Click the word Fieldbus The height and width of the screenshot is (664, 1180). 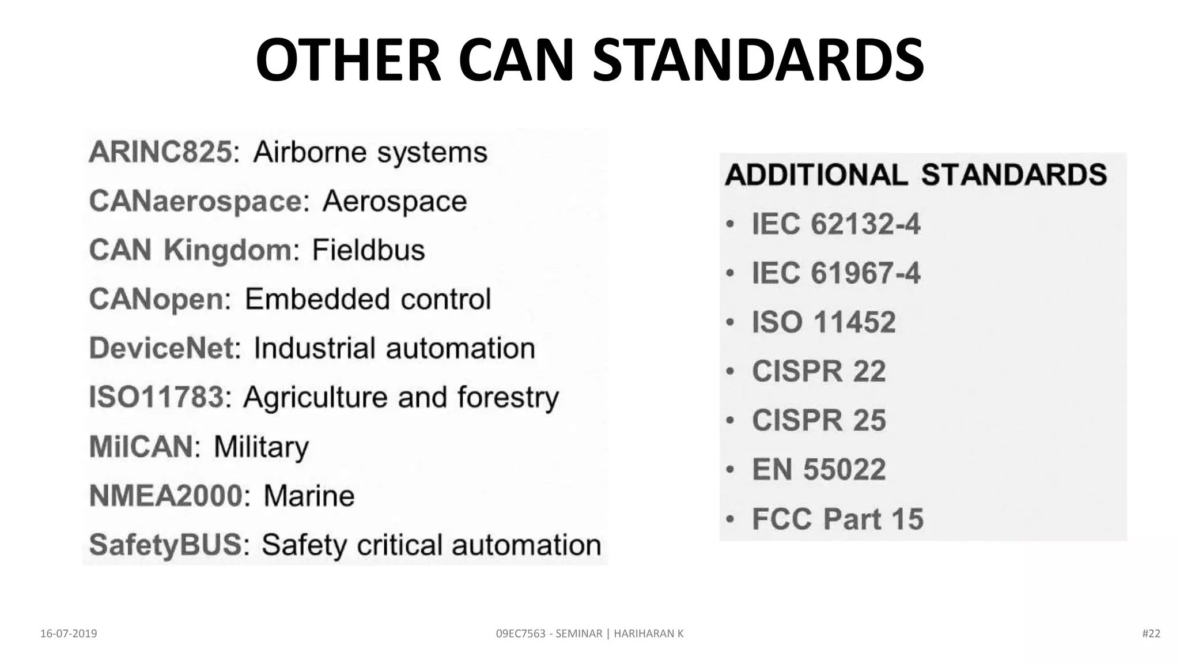[x=368, y=250]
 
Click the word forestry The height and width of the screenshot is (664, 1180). [x=508, y=398]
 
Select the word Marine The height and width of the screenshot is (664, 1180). [x=309, y=496]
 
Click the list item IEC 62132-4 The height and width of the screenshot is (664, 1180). [x=836, y=224]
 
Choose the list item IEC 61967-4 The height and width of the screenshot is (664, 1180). [x=836, y=273]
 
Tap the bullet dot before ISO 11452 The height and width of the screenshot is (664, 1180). [x=730, y=322]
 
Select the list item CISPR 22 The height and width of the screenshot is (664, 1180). [x=819, y=371]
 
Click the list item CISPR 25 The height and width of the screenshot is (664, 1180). [x=819, y=420]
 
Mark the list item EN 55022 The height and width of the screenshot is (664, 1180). [x=819, y=469]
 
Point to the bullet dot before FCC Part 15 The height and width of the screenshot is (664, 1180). [x=730, y=519]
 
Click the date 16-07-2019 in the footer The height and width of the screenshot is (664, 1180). [x=69, y=633]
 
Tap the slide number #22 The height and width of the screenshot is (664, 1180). [x=1151, y=633]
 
